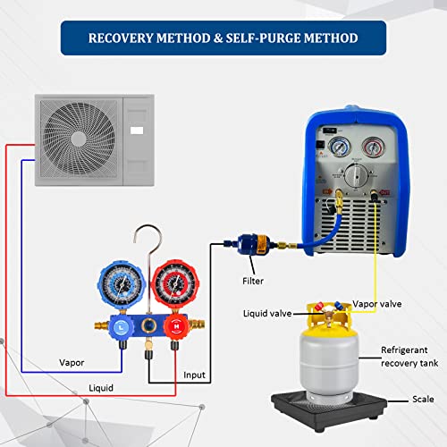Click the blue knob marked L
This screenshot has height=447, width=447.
[x=120, y=326]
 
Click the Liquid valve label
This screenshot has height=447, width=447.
[x=267, y=314]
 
